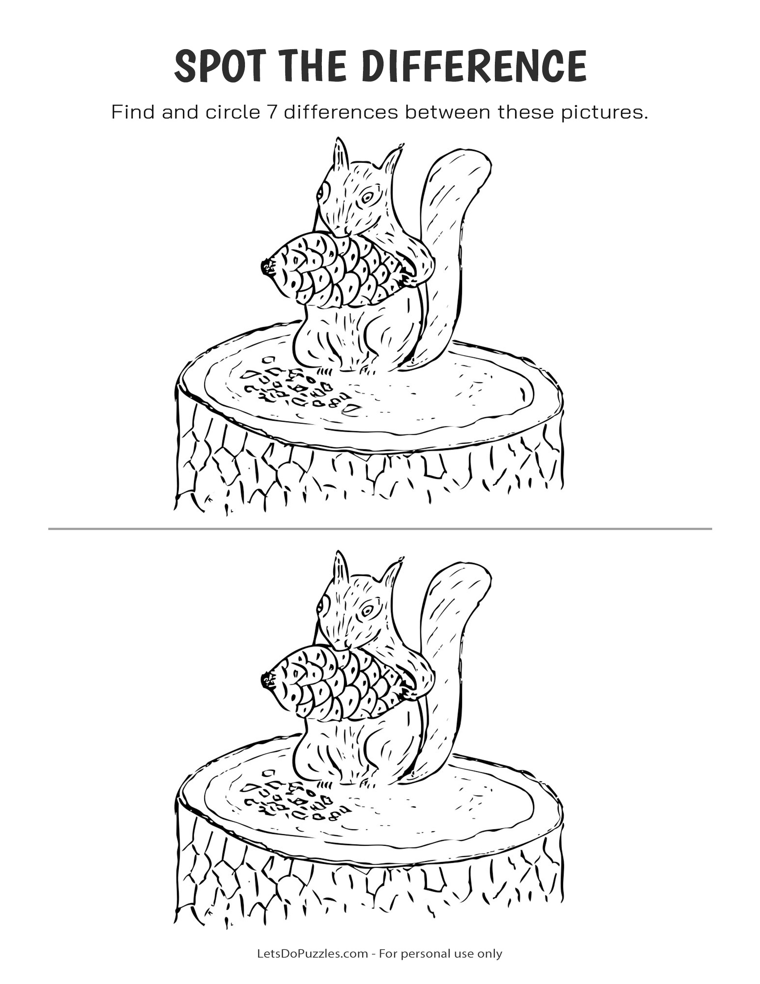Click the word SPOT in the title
coord(219,66)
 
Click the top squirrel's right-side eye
coord(368,197)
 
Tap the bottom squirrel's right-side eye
coord(368,611)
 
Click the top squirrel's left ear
coord(341,156)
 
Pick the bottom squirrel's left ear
coord(341,569)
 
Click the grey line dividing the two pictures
coord(380,529)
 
